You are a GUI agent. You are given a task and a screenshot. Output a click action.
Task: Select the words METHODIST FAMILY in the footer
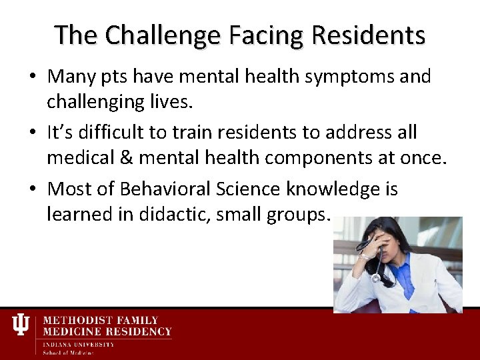coord(101,321)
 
